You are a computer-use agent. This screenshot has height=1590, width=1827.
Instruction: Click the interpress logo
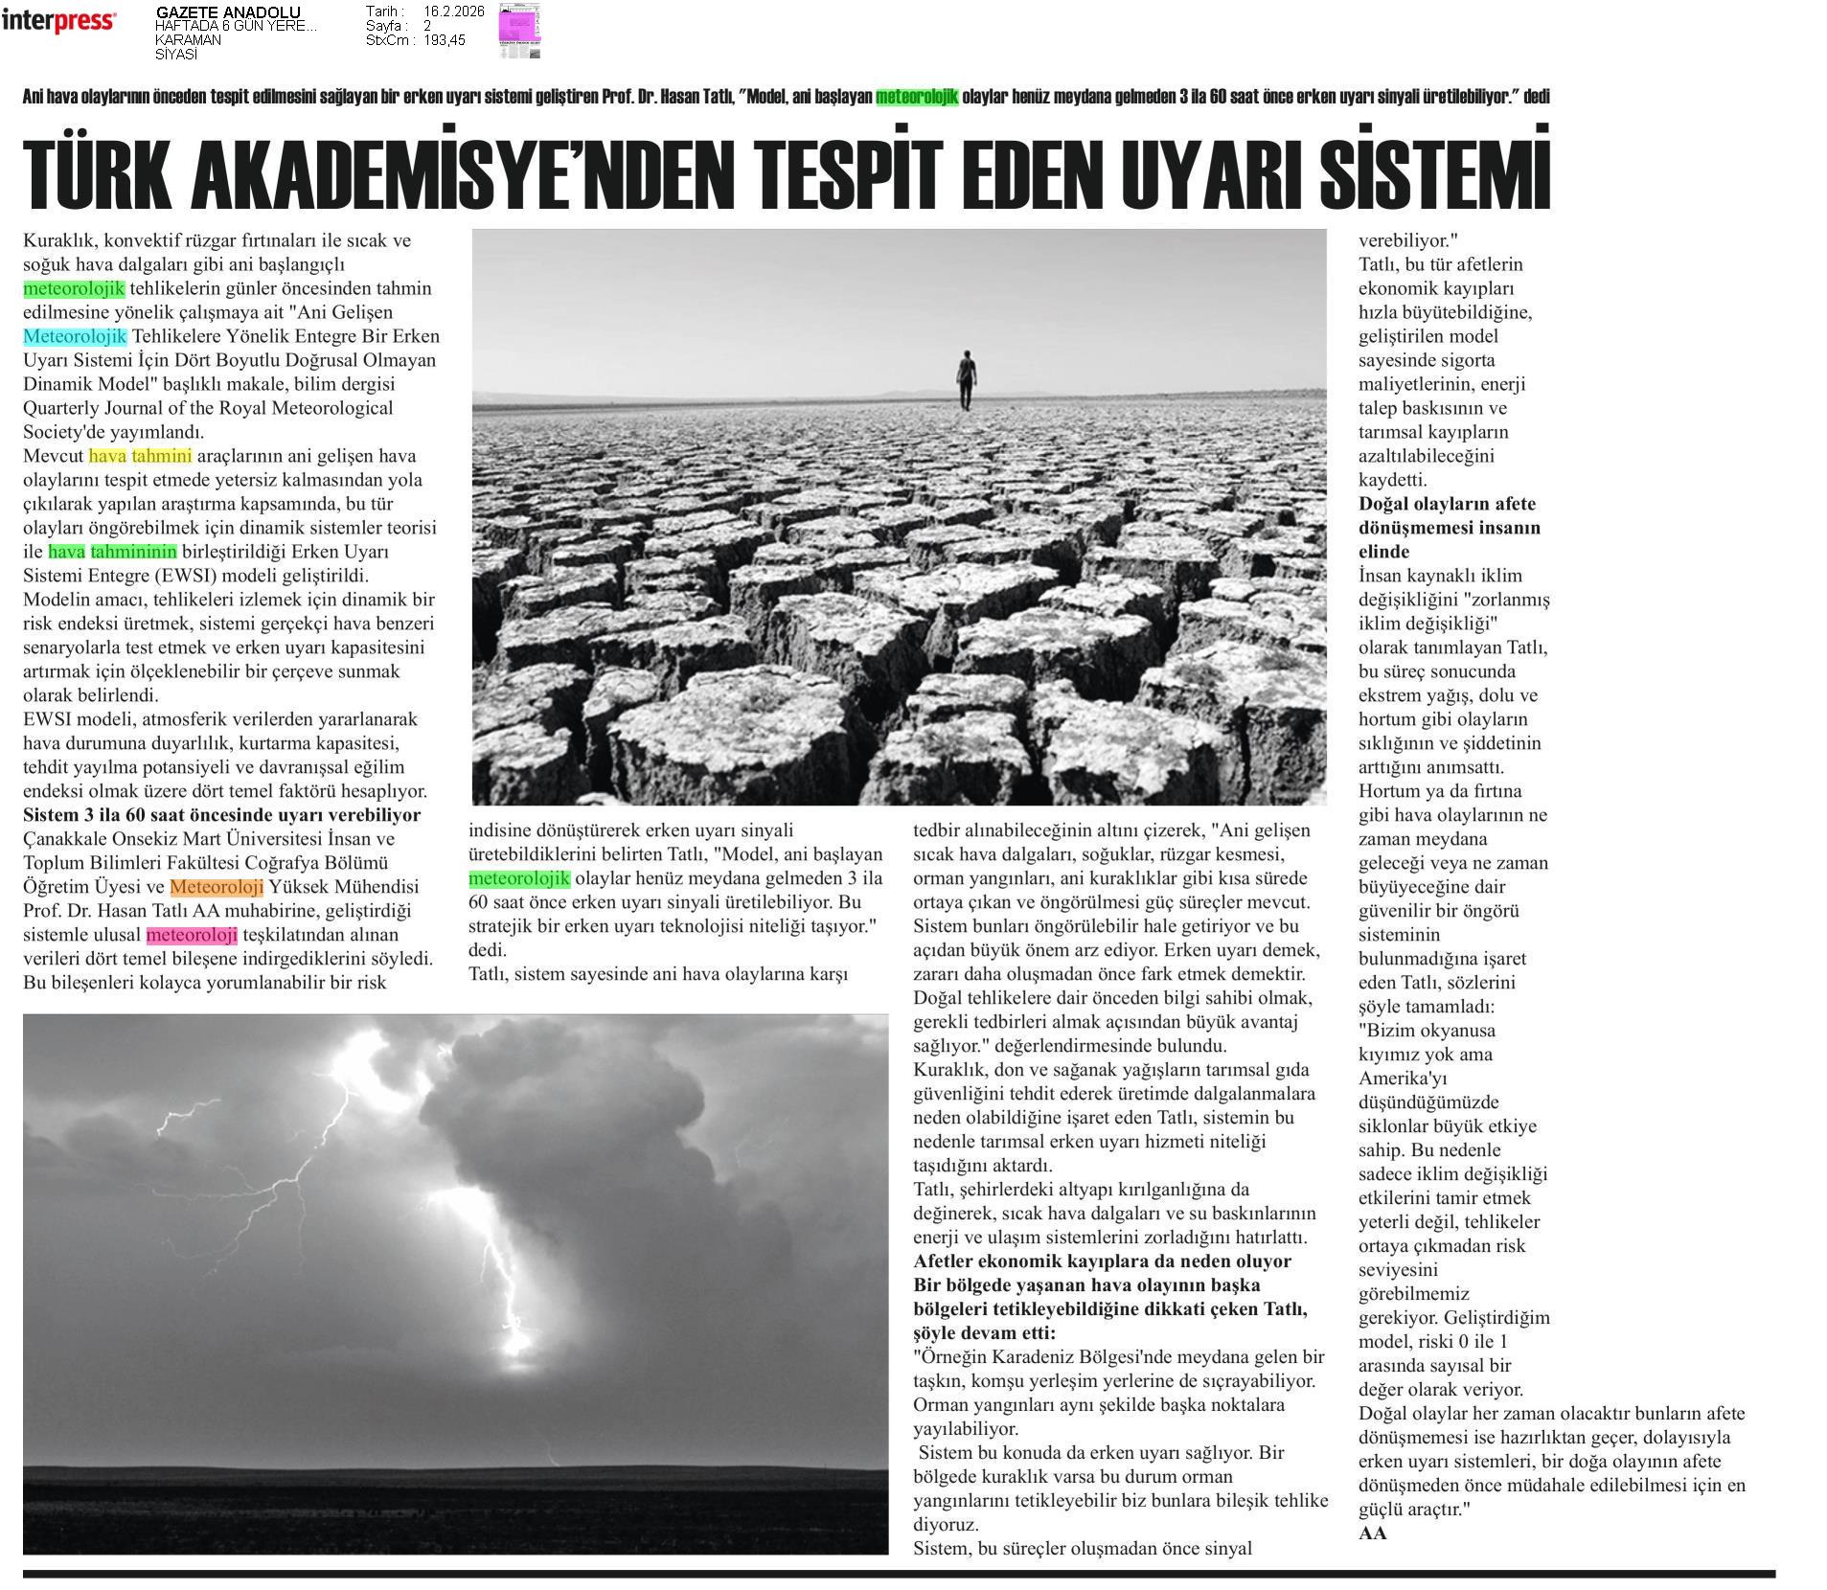[x=58, y=21]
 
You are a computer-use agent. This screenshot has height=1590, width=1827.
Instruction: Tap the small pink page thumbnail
[x=519, y=31]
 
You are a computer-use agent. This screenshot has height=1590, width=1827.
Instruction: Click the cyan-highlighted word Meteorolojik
[x=75, y=336]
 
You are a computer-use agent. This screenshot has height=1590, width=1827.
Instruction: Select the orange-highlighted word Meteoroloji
[x=217, y=887]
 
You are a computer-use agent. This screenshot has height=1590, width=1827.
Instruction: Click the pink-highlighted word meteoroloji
[x=192, y=935]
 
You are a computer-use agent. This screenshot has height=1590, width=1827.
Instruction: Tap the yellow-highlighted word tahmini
[x=161, y=456]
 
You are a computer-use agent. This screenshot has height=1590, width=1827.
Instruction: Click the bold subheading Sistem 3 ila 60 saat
[x=221, y=815]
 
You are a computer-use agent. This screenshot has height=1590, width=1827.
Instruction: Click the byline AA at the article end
[x=1372, y=1533]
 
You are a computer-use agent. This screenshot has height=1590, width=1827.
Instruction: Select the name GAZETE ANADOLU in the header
[x=228, y=12]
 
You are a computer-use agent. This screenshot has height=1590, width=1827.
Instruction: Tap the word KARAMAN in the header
[x=188, y=40]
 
